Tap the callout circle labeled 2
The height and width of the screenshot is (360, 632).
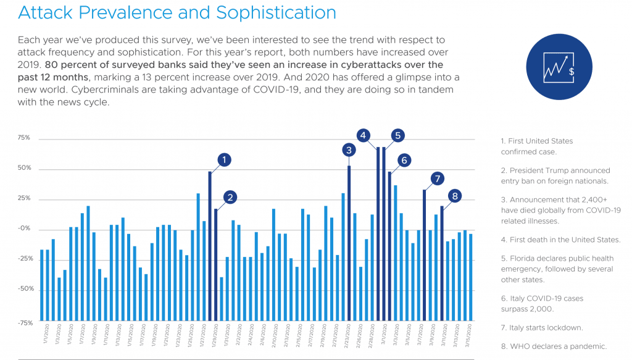[x=230, y=198]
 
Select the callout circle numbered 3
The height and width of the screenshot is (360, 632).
[x=349, y=149]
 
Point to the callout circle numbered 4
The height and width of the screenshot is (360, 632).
[x=364, y=135]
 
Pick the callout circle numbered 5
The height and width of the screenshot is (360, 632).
[x=397, y=135]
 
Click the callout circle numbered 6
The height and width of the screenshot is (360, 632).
[x=404, y=160]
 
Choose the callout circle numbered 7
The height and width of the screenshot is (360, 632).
[x=437, y=179]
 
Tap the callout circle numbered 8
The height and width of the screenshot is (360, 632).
[x=455, y=196]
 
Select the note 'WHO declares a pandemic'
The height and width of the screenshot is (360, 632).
[x=554, y=346]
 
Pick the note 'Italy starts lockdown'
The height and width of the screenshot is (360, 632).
[x=541, y=328]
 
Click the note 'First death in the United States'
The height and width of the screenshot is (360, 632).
[x=560, y=240]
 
